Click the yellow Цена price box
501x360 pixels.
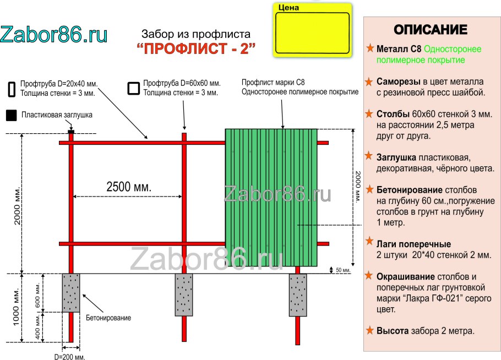[x=312, y=30]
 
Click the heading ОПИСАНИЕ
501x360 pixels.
[x=431, y=30]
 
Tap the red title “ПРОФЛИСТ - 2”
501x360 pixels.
[x=196, y=49]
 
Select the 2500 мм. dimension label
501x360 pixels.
[x=128, y=187]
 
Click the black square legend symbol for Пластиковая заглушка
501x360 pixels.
[x=11, y=115]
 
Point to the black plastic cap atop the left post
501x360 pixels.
[x=71, y=132]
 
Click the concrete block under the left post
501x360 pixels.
[x=71, y=293]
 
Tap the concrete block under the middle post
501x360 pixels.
[x=184, y=295]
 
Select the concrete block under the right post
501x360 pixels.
[x=298, y=295]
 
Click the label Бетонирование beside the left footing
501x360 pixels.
[x=108, y=318]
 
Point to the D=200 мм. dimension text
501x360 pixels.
[x=70, y=357]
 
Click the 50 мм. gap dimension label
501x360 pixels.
[x=343, y=270]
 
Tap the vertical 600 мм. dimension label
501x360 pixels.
[x=37, y=295]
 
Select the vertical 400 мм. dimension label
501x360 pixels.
[x=37, y=327]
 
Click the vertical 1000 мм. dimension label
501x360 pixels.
[x=16, y=307]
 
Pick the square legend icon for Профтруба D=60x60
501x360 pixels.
[x=134, y=89]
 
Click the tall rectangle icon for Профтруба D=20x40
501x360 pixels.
[x=12, y=89]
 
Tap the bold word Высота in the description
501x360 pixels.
[x=393, y=331]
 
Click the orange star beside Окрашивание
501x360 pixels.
[x=369, y=275]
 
